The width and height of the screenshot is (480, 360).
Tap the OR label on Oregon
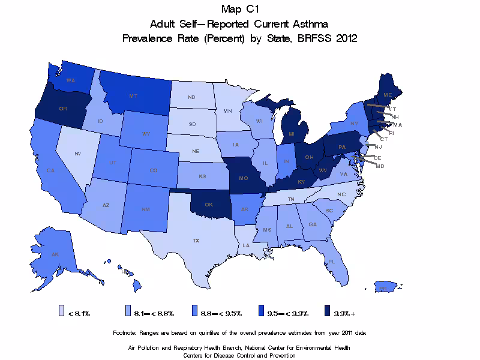62,109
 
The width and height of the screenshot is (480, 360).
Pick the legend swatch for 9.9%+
327,313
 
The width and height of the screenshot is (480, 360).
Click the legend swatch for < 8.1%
61,313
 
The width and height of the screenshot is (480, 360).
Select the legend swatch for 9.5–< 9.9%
261,313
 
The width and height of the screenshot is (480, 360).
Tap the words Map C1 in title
239,9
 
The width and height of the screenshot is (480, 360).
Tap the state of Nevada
77,153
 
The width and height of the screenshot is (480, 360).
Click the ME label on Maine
388,95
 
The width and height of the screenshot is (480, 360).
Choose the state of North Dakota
191,97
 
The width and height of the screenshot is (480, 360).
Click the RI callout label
391,132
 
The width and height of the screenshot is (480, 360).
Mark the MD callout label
380,166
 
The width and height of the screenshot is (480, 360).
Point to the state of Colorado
154,170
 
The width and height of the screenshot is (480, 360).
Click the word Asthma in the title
307,24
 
